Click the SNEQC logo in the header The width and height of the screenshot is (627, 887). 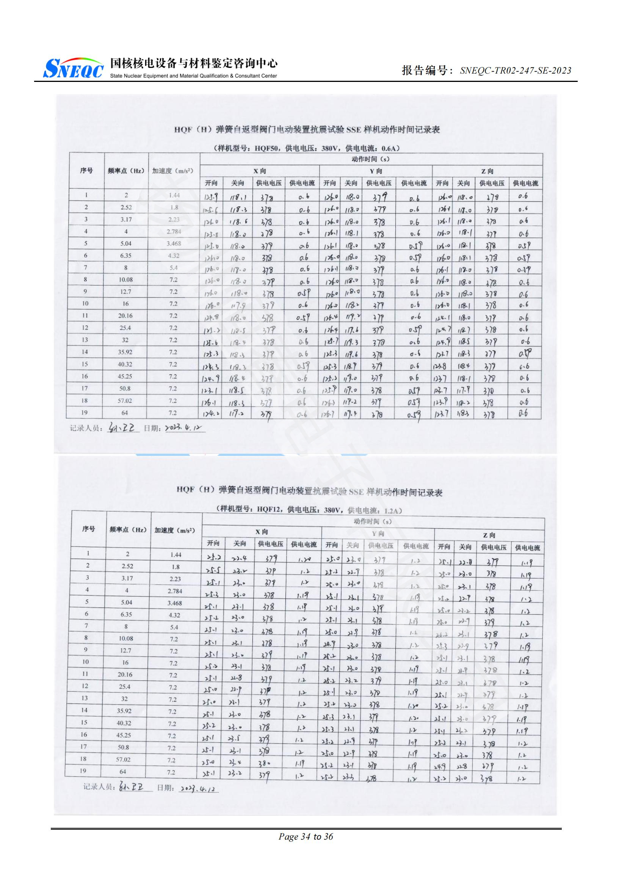[x=74, y=68]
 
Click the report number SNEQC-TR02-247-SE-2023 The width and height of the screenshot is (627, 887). [x=516, y=71]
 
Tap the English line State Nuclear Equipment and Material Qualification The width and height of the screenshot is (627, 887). [x=193, y=76]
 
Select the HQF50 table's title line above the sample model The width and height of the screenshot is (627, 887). [x=307, y=130]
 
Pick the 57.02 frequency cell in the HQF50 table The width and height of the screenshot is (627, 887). [x=125, y=400]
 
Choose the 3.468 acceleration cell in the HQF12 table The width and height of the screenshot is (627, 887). [x=174, y=603]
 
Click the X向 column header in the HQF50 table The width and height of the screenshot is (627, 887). [x=259, y=171]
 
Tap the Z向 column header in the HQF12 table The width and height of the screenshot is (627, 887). [x=489, y=535]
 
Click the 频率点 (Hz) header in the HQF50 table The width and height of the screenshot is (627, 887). [x=126, y=171]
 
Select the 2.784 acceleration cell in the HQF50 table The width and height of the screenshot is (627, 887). [x=174, y=231]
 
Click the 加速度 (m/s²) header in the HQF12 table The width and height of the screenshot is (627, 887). [x=174, y=530]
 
